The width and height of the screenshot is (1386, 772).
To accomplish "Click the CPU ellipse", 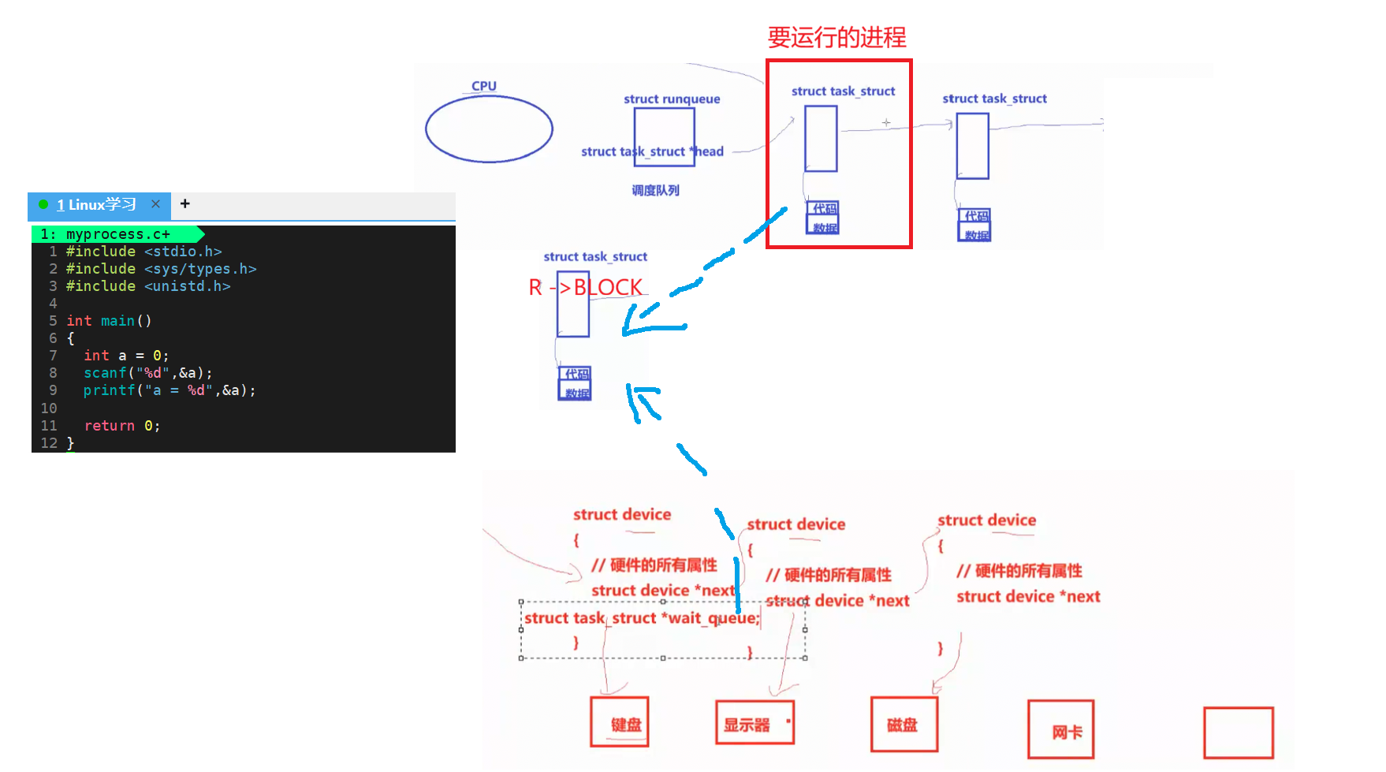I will pos(489,129).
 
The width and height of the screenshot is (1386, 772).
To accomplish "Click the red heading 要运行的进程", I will pos(836,37).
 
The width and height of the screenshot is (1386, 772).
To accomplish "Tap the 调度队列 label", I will pos(655,190).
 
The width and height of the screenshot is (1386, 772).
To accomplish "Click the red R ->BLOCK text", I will pos(585,287).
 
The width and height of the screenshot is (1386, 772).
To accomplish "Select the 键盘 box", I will pos(620,722).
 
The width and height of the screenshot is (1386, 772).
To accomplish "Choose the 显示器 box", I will pos(754,722).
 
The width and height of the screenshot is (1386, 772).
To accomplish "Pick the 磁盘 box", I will pos(904,724).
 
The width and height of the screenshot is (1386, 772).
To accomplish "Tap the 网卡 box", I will pos(1060,729).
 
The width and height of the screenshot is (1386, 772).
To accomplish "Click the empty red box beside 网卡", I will pos(1238,733).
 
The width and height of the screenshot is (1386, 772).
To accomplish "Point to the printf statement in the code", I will pos(169,390).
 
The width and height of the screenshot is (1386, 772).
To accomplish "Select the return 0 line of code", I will pos(121,426).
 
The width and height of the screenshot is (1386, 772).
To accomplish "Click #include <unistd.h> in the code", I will pos(147,286).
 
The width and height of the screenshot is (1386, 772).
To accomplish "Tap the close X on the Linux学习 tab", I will pos(155,204).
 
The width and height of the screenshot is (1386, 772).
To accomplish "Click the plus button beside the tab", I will pos(185,203).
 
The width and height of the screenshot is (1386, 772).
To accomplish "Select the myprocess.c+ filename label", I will pos(117,234).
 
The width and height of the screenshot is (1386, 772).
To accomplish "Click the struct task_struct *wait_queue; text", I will pos(642,618).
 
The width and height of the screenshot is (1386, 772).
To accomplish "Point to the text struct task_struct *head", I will pos(652,151).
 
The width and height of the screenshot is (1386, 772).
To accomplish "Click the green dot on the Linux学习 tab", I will pos(43,204).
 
